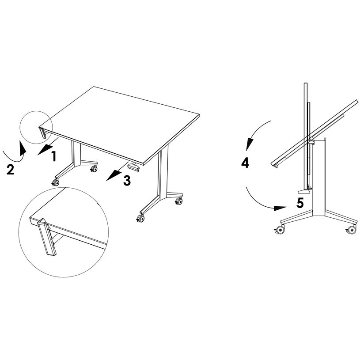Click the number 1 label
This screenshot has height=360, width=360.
(53, 156)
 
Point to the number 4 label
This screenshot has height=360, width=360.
(245, 163)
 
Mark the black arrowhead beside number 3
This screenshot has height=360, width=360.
(110, 177)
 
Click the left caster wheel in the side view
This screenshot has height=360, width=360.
(279, 230)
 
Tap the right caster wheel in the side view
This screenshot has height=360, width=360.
(352, 229)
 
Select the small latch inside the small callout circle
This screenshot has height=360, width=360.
(43, 133)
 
